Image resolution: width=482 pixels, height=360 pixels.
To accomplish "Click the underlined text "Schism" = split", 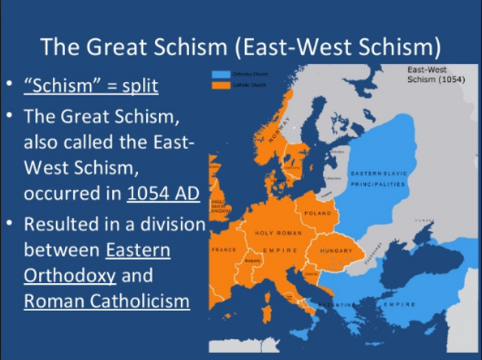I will [x=91, y=85].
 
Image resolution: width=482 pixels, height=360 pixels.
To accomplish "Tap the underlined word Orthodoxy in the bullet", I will [x=70, y=275].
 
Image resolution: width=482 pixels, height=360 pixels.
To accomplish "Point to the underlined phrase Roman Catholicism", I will [x=105, y=301].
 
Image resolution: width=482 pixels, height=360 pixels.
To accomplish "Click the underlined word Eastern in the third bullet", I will [x=138, y=249].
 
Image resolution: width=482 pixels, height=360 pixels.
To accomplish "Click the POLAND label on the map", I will [x=317, y=213].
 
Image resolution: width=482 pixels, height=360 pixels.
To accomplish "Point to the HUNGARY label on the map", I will [x=336, y=250].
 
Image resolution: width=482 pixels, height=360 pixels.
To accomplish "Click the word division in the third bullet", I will [x=166, y=224].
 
